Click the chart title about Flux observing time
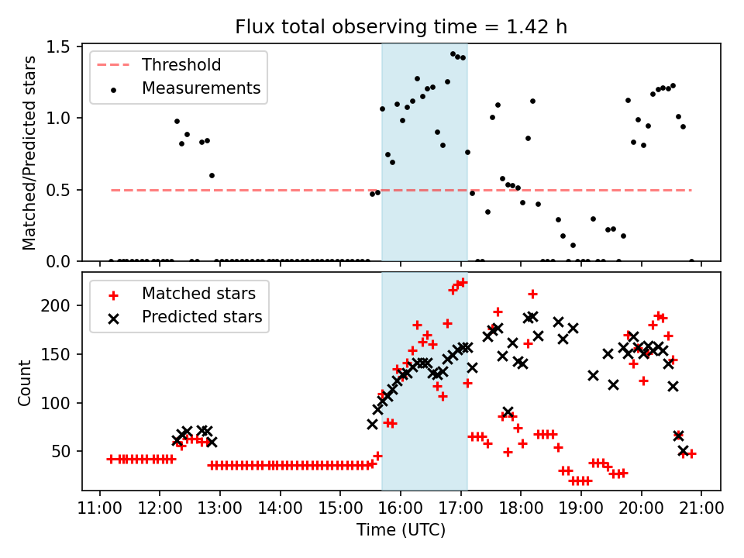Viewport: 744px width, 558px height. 401,27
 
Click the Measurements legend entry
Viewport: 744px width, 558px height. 201,88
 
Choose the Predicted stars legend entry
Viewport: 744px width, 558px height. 201,317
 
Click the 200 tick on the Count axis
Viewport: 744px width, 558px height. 64,305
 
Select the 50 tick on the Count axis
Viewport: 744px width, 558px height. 67,451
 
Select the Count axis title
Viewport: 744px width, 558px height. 26,382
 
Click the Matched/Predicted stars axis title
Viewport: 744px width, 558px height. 29,153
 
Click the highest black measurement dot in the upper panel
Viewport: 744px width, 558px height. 453,54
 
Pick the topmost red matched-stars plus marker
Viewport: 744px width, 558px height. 463,282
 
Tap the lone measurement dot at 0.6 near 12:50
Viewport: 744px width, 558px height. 212,175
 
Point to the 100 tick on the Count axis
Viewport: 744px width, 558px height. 64,403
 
